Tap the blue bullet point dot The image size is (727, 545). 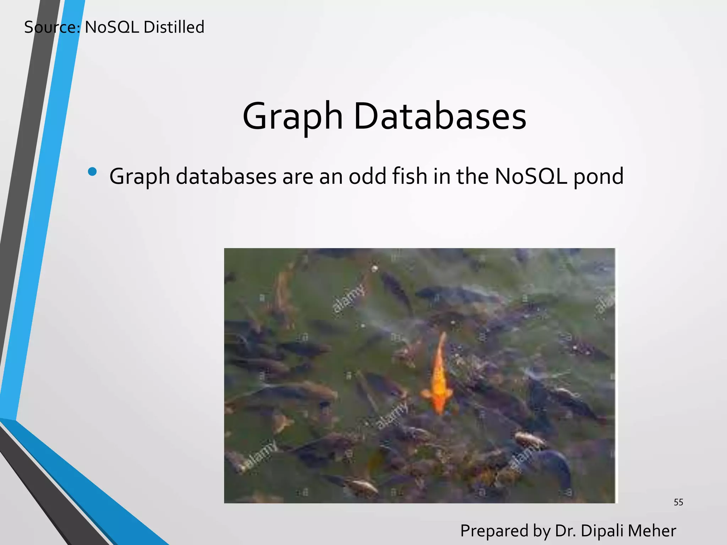tap(92, 172)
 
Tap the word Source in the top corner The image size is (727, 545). tap(52, 27)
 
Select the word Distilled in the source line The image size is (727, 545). tap(174, 27)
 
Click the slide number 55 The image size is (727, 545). tap(678, 502)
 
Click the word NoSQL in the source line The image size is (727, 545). tap(112, 27)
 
